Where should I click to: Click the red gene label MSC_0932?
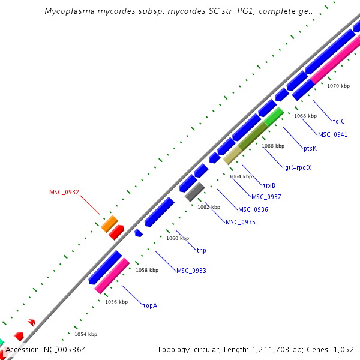64,192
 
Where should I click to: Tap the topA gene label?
150,305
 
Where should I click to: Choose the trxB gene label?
269,185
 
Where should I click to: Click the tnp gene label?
201,250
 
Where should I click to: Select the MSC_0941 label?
332,134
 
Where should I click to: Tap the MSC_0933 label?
191,271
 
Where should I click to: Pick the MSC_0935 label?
241,222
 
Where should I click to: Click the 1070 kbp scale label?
338,86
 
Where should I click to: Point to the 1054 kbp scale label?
86,334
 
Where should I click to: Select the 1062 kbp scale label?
209,207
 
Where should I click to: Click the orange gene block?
109,224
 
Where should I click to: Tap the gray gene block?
195,192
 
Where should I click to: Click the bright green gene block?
274,116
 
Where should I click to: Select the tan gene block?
232,157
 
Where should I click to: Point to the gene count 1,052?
343,349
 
